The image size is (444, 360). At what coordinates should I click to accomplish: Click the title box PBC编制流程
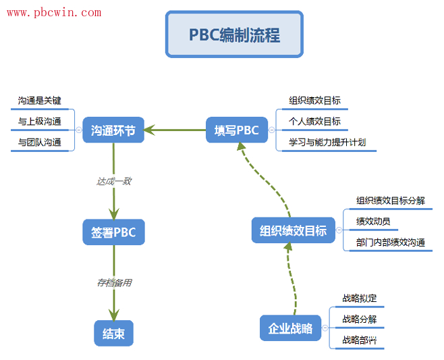234,34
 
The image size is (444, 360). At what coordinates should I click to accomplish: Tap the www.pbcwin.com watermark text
54,12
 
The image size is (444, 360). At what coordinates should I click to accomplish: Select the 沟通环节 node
113,130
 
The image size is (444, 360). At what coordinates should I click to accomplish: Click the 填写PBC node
236,130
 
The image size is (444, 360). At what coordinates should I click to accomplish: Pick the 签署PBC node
113,232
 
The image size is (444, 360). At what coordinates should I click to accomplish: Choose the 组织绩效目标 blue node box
293,231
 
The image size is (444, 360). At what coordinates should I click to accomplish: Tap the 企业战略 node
290,328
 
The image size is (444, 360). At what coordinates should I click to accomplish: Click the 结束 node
113,334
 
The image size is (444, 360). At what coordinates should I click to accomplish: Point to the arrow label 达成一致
113,181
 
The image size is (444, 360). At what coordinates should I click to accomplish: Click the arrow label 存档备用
113,283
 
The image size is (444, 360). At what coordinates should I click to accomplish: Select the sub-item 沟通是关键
40,101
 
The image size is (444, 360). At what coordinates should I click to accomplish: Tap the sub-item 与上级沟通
40,122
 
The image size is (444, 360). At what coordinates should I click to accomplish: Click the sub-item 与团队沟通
40,143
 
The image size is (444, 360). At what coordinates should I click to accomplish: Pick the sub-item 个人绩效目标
314,122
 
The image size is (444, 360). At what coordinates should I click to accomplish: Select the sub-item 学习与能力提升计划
327,143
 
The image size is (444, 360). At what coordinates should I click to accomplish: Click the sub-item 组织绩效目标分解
391,201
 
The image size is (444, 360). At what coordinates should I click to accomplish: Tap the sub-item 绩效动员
373,222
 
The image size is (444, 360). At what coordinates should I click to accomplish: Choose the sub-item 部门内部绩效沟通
391,242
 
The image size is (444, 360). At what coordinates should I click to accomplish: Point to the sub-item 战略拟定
360,299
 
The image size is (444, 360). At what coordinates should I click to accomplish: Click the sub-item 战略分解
360,319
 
